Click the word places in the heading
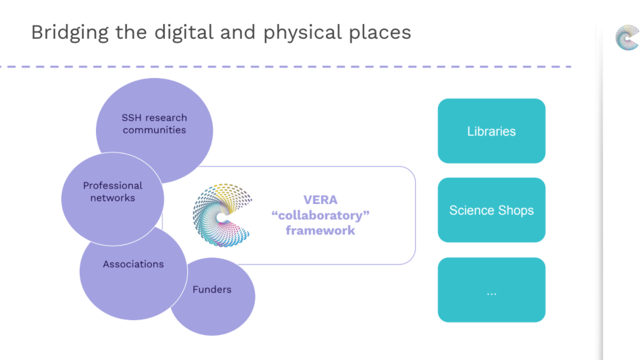pos(380,33)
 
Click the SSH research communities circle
pos(154,124)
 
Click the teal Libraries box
pos(492,131)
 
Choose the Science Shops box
pos(492,210)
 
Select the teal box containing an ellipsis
pos(492,290)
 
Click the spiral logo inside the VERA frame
pos(221,215)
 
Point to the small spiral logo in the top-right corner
pos(627,38)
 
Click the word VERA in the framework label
pos(320,200)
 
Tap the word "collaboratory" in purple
pos(320,215)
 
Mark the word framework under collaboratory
pos(320,230)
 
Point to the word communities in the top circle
pos(154,130)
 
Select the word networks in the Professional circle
pos(112,198)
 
